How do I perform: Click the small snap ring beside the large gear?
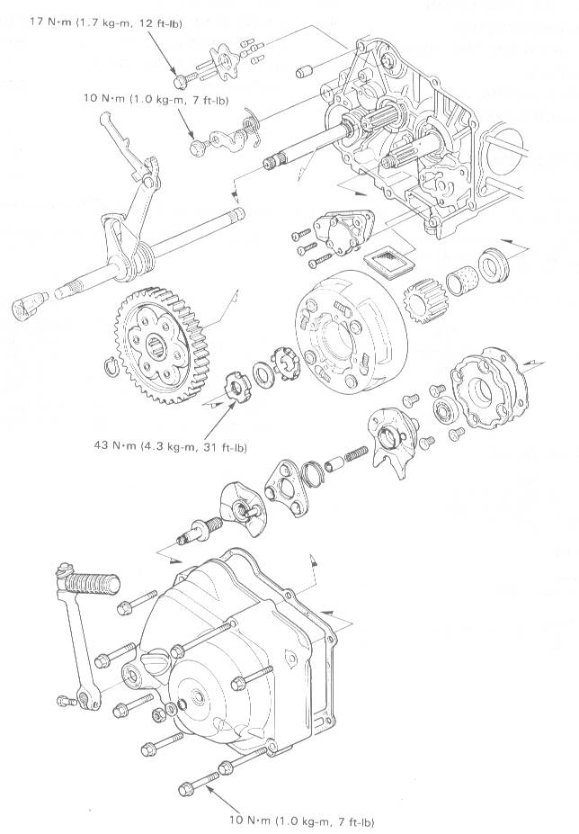pyautogui.click(x=111, y=365)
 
